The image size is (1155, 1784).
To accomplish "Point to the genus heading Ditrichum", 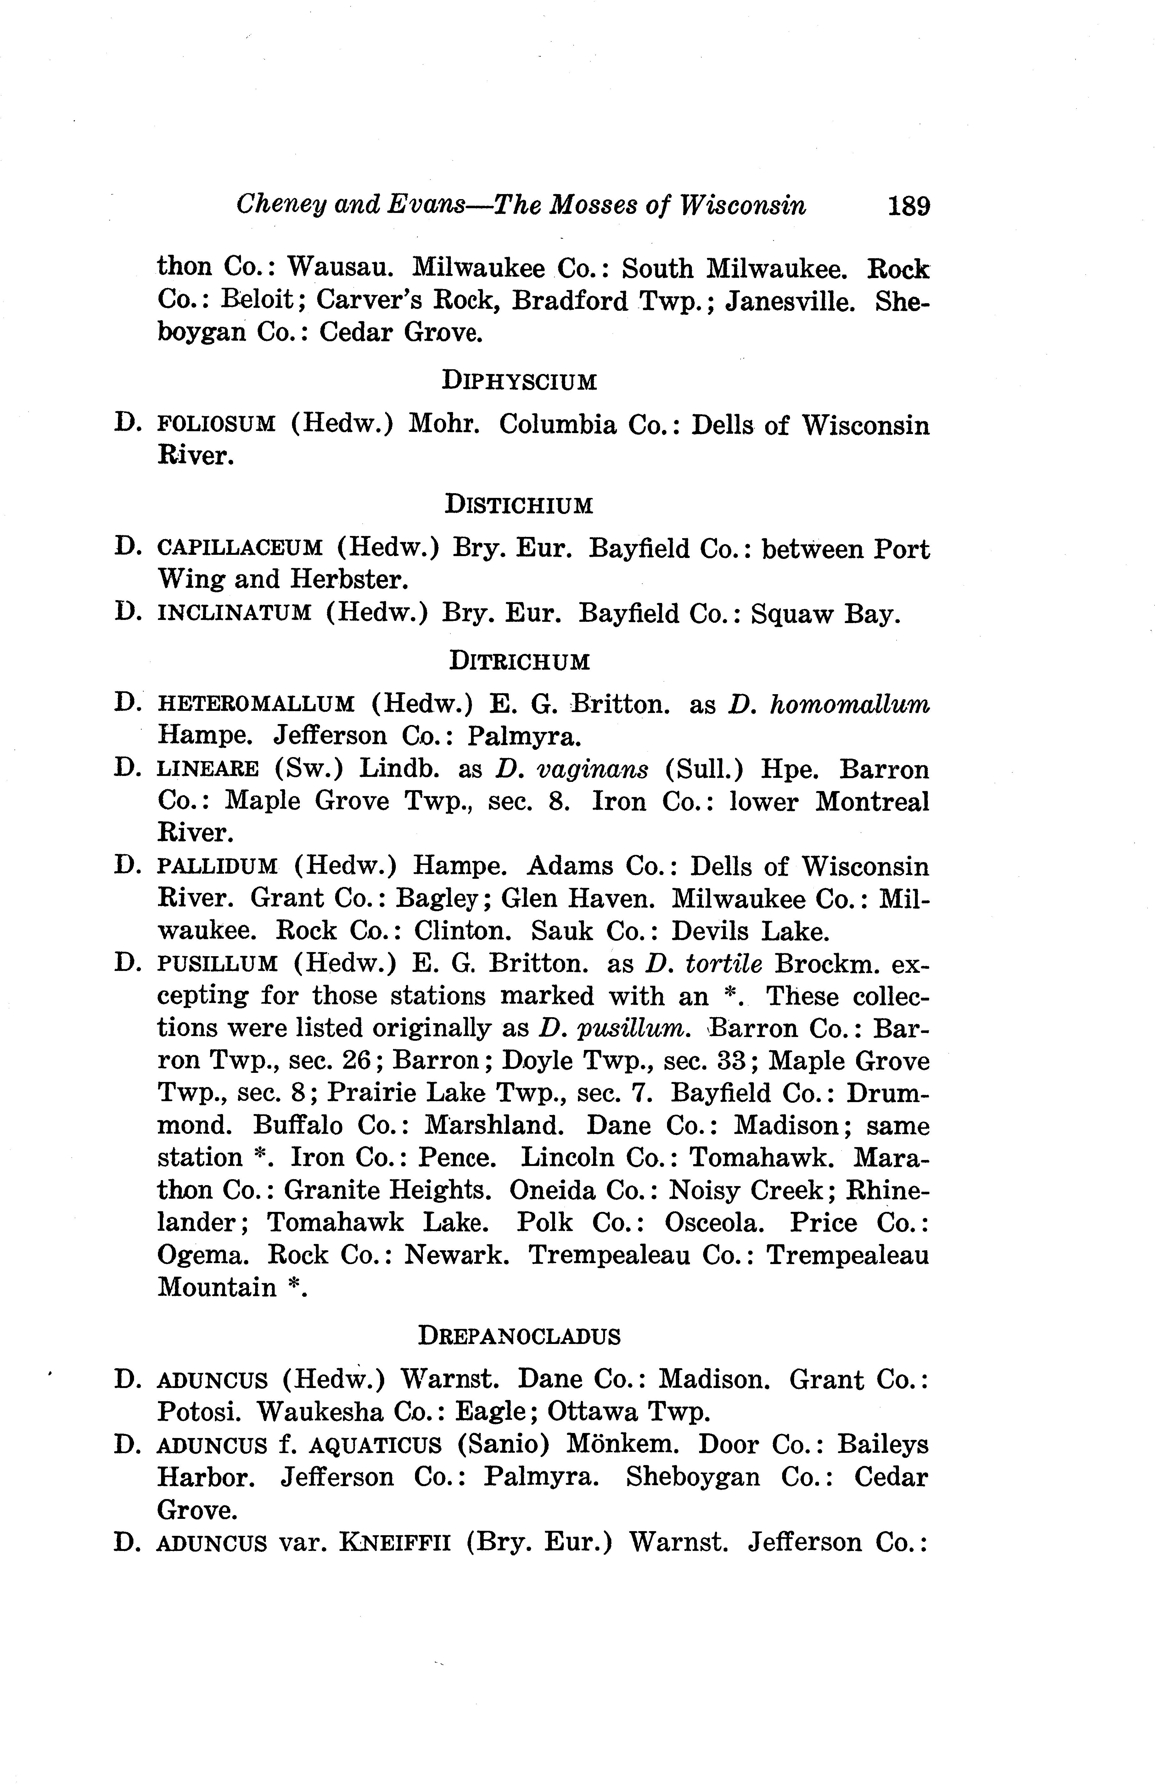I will pyautogui.click(x=519, y=661).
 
